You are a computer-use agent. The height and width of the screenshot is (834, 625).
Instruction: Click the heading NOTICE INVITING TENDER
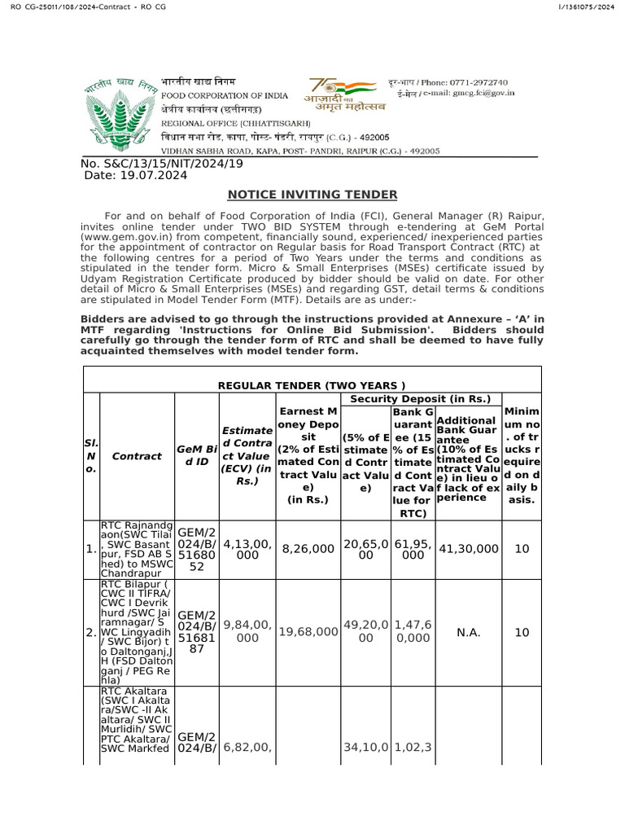(312, 194)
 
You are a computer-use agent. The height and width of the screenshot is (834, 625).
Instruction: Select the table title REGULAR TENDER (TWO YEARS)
(312, 384)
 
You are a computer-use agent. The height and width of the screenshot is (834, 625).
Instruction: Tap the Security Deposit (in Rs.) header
(420, 398)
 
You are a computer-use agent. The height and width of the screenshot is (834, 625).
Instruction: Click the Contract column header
(137, 456)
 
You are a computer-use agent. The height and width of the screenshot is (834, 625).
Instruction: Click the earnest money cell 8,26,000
(308, 549)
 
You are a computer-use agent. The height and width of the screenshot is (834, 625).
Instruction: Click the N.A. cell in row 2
(469, 631)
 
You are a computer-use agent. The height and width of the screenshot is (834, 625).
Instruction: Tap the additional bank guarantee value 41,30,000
(469, 549)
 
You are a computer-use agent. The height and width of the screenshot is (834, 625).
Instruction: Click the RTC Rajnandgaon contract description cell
(137, 549)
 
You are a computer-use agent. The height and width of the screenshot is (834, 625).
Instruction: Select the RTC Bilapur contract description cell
(137, 631)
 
